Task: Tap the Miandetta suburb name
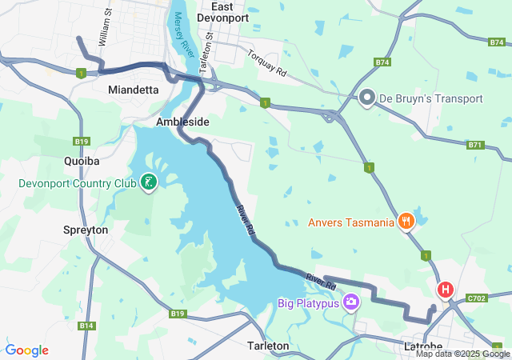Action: click(x=133, y=90)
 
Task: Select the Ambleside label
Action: click(x=182, y=122)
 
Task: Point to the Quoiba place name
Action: click(x=82, y=161)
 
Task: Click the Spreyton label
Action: click(x=86, y=230)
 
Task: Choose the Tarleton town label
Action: click(x=268, y=346)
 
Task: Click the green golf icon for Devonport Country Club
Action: click(x=148, y=183)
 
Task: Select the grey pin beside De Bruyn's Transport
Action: click(x=367, y=98)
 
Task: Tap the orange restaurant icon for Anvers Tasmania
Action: click(x=406, y=222)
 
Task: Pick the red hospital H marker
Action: click(x=445, y=290)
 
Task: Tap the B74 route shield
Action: click(x=382, y=62)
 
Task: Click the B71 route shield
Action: click(x=476, y=145)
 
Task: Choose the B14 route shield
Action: click(x=86, y=326)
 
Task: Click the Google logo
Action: click(x=26, y=350)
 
